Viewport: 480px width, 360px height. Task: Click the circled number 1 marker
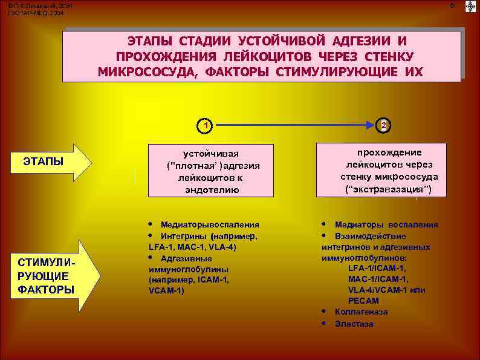point(206,126)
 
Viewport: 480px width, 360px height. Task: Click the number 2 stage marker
point(383,126)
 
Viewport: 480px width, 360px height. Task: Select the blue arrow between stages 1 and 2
point(294,126)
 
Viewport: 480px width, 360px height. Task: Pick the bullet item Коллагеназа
point(361,312)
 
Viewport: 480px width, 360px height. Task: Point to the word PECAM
point(363,300)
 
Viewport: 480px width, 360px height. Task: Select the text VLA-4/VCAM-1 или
point(386,290)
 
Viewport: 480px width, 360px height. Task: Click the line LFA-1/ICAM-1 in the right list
point(377,268)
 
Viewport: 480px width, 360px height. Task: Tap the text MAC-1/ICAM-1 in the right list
point(378,279)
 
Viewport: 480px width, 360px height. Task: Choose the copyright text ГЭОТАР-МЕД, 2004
point(35,12)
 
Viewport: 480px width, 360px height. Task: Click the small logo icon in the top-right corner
point(470,7)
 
